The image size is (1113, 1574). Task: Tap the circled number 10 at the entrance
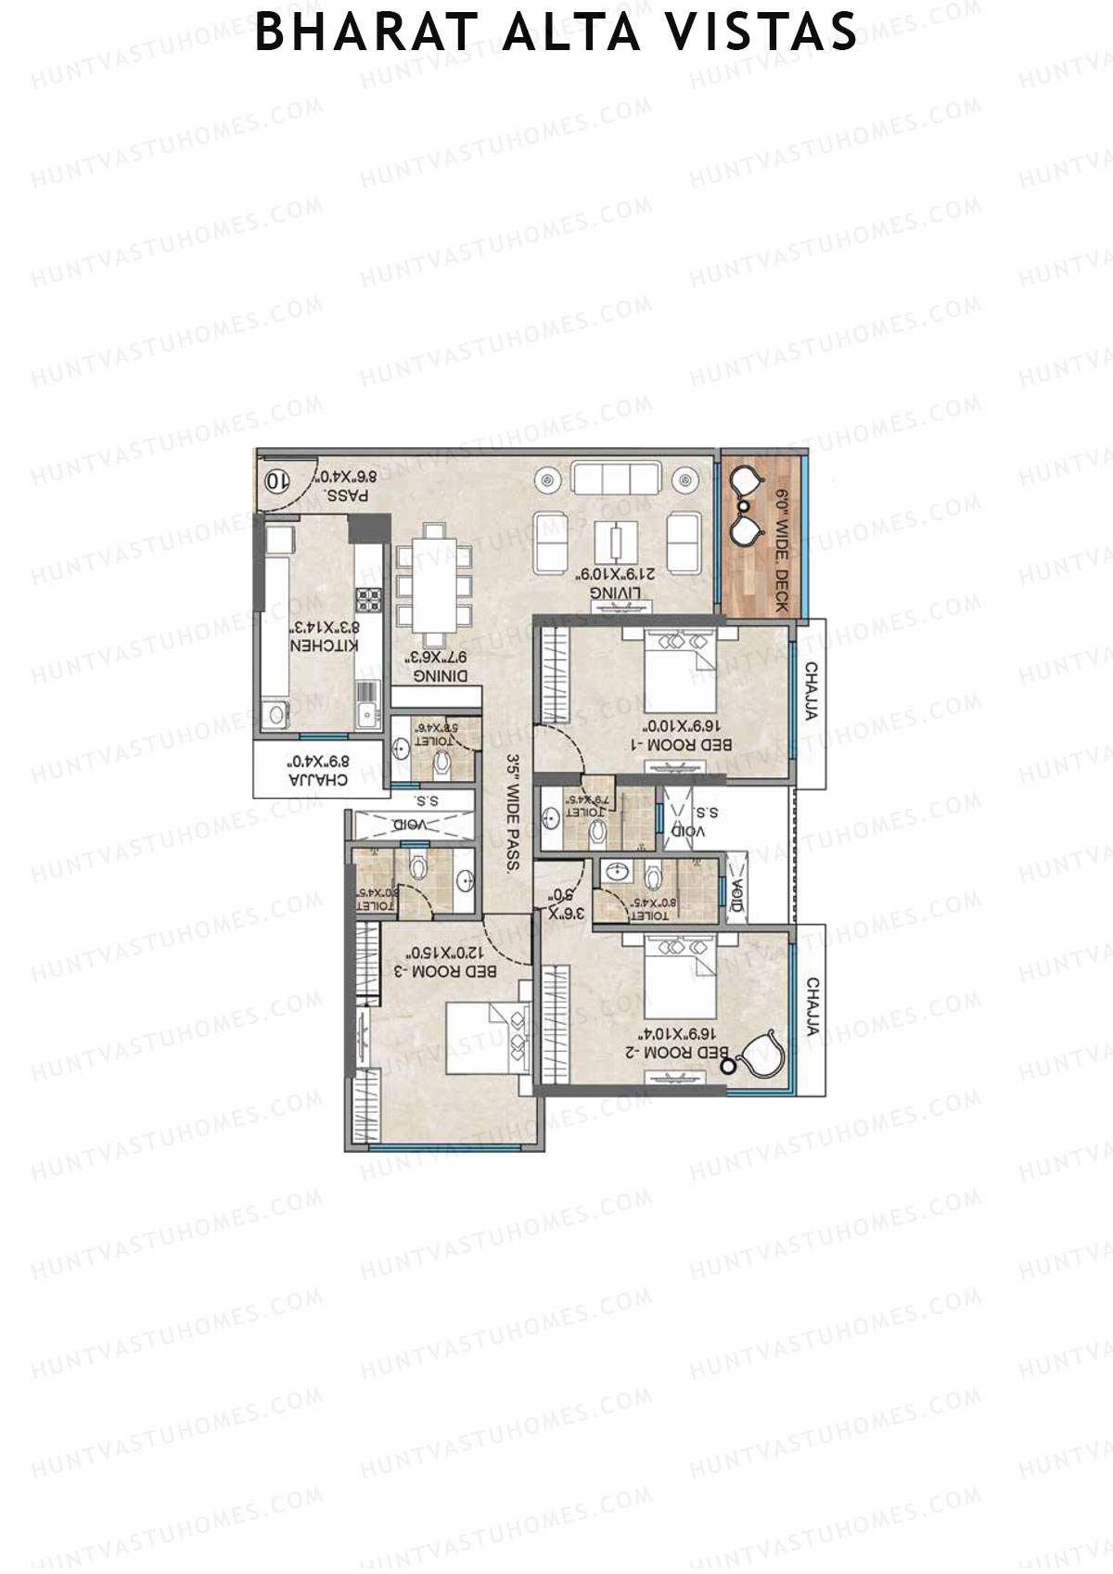[x=275, y=480]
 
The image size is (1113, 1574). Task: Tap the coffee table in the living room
[x=616, y=540]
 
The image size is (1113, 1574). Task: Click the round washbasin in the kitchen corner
[x=275, y=713]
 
